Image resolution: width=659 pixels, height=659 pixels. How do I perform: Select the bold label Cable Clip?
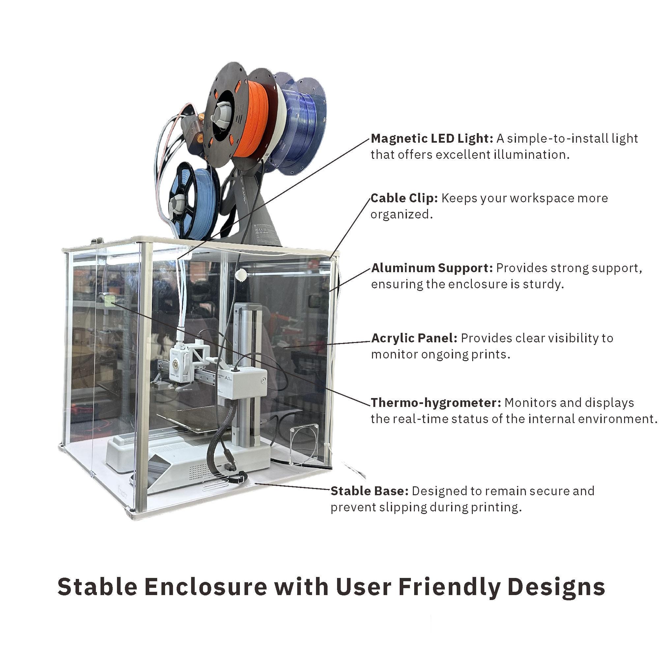[x=404, y=198]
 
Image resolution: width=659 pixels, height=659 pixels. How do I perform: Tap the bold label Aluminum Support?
[x=432, y=268]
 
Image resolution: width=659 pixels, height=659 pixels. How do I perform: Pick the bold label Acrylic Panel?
[x=414, y=338]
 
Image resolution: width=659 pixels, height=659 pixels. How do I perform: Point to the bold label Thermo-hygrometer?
[x=436, y=403]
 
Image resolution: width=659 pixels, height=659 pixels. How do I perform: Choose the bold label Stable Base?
[x=369, y=491]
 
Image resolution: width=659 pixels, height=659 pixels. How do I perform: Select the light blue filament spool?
[x=196, y=201]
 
